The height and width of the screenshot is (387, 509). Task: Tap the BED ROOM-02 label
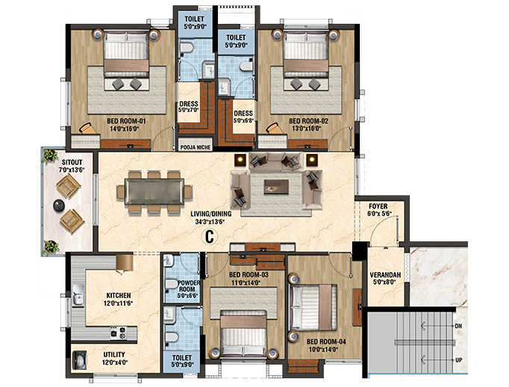[x=308, y=121]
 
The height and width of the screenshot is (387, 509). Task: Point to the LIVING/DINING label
[x=210, y=214]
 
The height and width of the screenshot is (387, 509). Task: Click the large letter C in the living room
[x=210, y=238]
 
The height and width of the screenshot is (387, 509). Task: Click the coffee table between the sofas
[x=276, y=185]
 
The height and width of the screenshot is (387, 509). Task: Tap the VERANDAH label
[x=386, y=276]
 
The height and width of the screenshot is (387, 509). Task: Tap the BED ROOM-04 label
[x=325, y=342]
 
